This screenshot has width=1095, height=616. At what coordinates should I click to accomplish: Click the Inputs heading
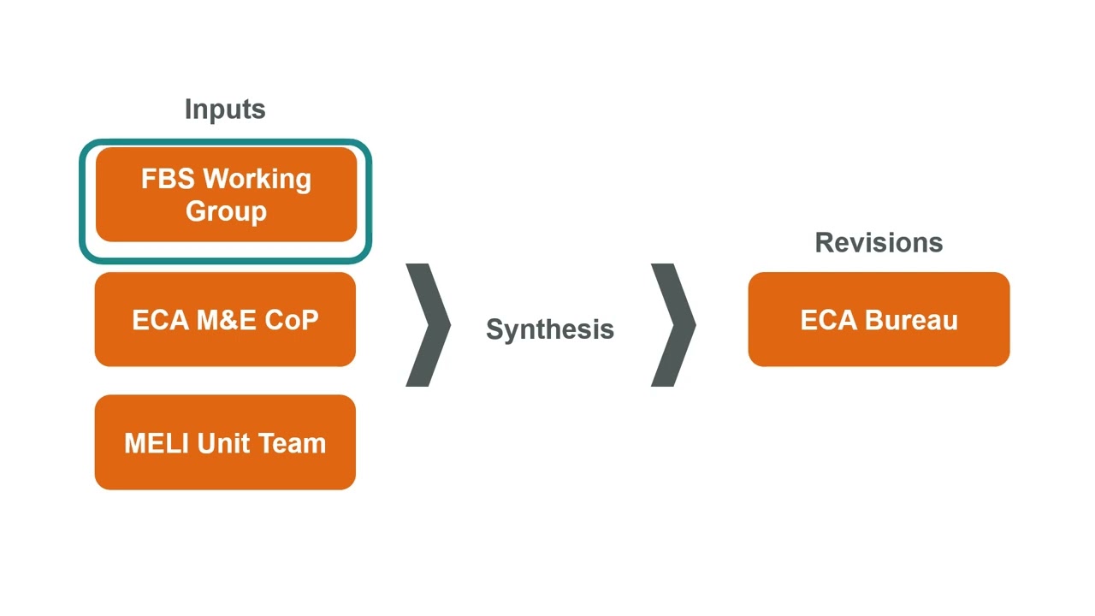(x=225, y=110)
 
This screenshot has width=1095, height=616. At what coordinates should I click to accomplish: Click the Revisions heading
(x=879, y=243)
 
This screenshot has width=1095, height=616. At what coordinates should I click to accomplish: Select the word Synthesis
(x=550, y=329)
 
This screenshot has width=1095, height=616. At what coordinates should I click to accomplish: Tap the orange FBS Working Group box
(x=226, y=195)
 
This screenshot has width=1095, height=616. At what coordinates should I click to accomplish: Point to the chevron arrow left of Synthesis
(x=428, y=325)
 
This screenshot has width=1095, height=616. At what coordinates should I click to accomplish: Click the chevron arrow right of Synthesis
(x=673, y=325)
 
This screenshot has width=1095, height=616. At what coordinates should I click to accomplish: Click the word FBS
(x=168, y=180)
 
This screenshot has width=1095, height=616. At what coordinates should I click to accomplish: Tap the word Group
(x=226, y=211)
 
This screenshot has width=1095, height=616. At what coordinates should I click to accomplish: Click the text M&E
(x=227, y=320)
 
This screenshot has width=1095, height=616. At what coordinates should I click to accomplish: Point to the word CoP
(x=291, y=320)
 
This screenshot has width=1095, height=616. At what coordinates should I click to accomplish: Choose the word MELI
(x=157, y=443)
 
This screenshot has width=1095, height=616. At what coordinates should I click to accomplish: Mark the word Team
(x=291, y=443)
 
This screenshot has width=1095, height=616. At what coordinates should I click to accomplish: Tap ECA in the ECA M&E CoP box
(x=160, y=320)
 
